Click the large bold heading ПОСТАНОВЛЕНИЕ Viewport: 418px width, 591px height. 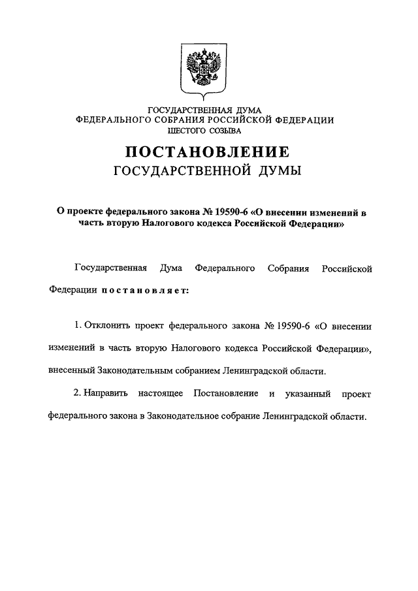point(208,153)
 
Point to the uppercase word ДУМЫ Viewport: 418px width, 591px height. point(278,172)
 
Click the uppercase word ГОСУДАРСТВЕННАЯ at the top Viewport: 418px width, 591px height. point(188,110)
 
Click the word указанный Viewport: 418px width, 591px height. point(308,395)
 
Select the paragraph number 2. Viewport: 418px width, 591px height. point(76,395)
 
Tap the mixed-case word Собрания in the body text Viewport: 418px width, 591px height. point(289,268)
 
